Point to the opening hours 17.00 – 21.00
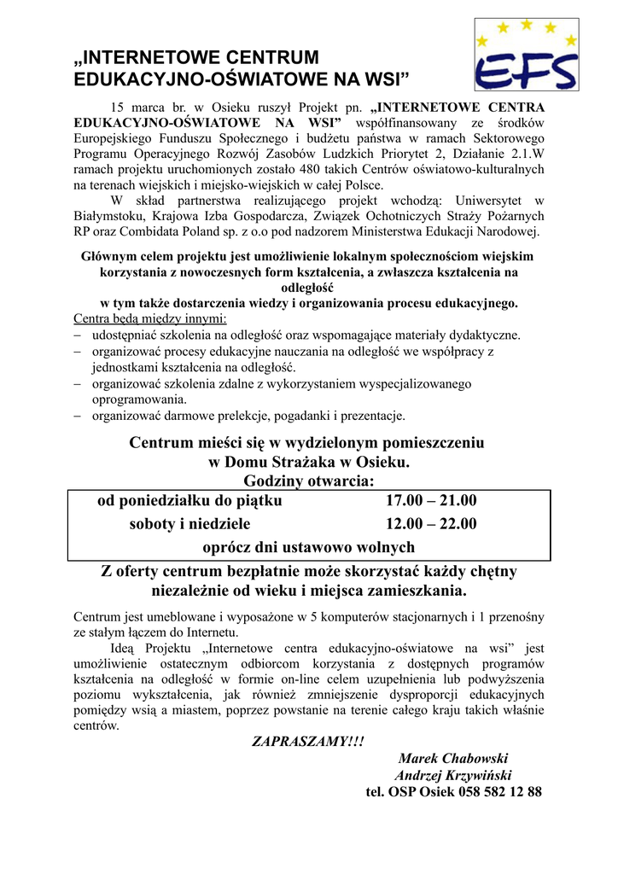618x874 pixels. pos(431,501)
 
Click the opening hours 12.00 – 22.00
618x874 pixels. pos(431,524)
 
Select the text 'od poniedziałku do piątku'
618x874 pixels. pos(189,501)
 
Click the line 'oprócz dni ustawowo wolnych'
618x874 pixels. pos(308,547)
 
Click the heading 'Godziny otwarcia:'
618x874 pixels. pos(308,482)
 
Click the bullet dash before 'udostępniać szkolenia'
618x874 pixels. pos(78,335)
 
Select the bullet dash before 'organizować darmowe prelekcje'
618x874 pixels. pos(78,417)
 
